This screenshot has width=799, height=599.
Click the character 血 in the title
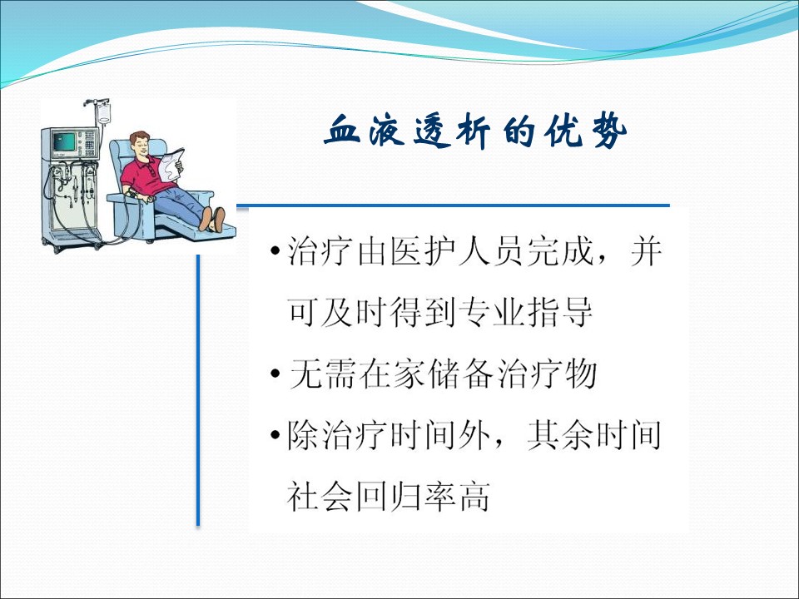(x=342, y=131)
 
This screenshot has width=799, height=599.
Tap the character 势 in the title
(x=609, y=131)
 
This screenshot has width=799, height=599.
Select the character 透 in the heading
(x=432, y=131)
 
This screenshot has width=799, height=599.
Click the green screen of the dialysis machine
(x=65, y=141)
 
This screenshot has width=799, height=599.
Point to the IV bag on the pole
(x=104, y=114)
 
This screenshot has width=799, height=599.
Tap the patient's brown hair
(x=138, y=137)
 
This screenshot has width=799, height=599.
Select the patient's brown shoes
(x=212, y=220)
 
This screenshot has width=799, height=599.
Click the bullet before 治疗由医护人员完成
(x=275, y=251)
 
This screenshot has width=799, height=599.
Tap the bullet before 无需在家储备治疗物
(x=275, y=374)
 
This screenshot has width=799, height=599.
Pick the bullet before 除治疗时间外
(x=275, y=435)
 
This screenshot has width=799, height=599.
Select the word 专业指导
(x=525, y=312)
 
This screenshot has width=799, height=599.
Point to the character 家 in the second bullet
(x=408, y=374)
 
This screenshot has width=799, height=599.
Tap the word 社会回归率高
(x=389, y=497)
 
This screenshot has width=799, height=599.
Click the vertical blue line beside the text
(x=198, y=390)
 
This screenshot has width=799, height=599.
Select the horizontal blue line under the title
(x=453, y=205)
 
